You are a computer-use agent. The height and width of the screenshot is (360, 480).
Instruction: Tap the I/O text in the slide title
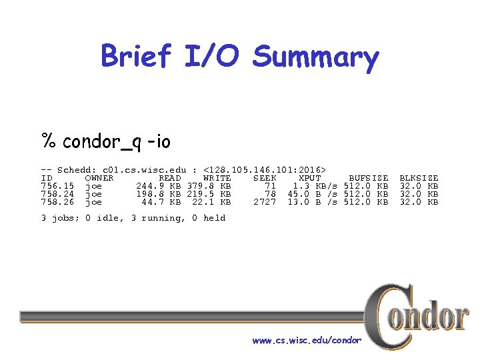(212, 56)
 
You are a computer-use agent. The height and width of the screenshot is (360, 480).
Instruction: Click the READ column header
(170, 178)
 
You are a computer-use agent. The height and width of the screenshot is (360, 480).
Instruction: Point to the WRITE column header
(217, 178)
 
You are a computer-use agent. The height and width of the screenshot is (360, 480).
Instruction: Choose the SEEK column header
(265, 178)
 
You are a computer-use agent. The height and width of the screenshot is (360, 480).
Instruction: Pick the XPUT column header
(309, 178)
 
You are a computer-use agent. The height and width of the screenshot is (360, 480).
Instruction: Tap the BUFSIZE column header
(369, 178)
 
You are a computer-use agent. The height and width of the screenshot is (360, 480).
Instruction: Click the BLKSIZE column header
(419, 178)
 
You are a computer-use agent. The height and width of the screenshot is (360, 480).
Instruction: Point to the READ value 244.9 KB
(159, 186)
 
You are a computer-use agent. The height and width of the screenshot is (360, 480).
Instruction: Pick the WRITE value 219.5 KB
(209, 194)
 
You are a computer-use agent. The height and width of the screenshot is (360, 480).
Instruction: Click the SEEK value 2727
(265, 202)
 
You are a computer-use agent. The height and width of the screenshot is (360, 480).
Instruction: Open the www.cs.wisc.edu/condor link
(307, 341)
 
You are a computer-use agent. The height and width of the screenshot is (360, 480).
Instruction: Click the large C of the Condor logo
(383, 313)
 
